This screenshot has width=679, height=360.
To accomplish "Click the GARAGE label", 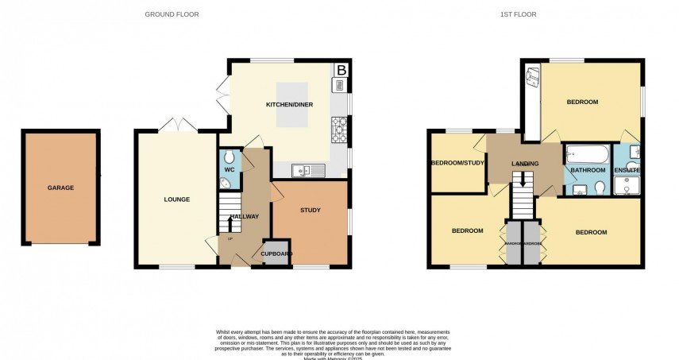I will [60, 188].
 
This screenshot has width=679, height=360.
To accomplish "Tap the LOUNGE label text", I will [176, 199].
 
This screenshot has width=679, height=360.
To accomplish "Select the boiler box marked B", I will [341, 70].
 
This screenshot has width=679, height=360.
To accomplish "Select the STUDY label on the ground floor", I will [310, 211].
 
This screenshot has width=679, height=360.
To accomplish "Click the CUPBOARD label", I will [272, 254].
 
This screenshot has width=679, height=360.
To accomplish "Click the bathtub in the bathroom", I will [587, 153].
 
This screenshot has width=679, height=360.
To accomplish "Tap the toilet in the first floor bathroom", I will [600, 188].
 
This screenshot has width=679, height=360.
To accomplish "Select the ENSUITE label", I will [627, 170].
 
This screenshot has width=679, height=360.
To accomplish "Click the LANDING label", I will [525, 164].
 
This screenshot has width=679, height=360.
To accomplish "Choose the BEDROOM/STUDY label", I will [457, 164].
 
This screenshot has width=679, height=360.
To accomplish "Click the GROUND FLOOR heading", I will [172, 14].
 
